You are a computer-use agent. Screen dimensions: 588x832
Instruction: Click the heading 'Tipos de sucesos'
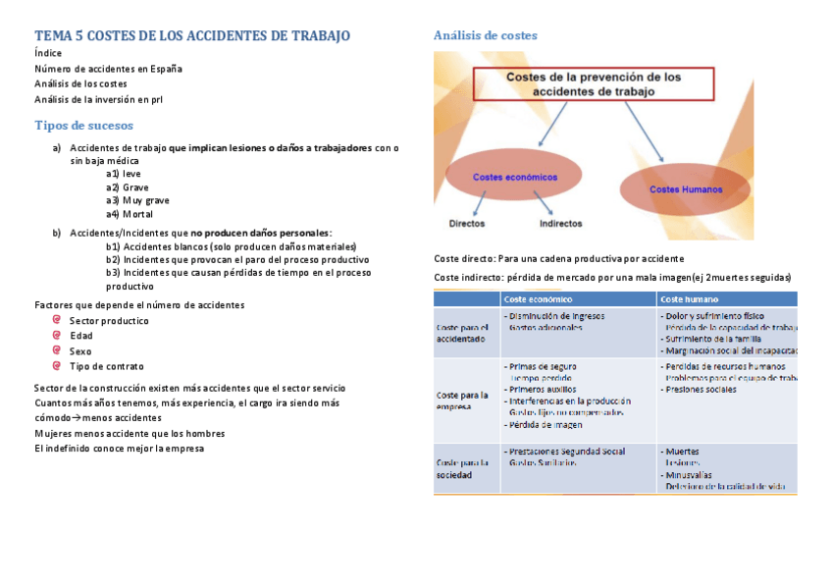[x=83, y=126]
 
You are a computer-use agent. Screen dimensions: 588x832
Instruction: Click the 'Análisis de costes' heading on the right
[x=485, y=35]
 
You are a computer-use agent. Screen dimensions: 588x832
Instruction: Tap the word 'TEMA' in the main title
[x=55, y=36]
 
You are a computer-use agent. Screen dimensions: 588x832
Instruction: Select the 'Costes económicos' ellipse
[x=514, y=178]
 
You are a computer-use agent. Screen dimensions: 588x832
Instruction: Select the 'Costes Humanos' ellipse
[x=686, y=188]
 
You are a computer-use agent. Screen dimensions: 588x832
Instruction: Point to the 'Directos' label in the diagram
[x=466, y=223]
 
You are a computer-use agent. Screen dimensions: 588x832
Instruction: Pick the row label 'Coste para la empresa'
[x=462, y=401]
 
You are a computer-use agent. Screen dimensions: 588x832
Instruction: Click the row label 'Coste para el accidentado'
[x=462, y=333]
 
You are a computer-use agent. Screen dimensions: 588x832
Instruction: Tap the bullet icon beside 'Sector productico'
[x=58, y=320]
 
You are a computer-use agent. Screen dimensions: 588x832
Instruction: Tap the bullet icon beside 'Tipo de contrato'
[x=58, y=366]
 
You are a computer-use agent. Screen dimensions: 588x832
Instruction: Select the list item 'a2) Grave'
[x=128, y=187]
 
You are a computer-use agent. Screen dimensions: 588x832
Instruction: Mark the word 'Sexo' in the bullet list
[x=80, y=351]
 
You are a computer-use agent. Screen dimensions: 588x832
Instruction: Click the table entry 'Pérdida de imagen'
[x=546, y=425]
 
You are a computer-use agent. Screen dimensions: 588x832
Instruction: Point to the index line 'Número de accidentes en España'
[x=108, y=69]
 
